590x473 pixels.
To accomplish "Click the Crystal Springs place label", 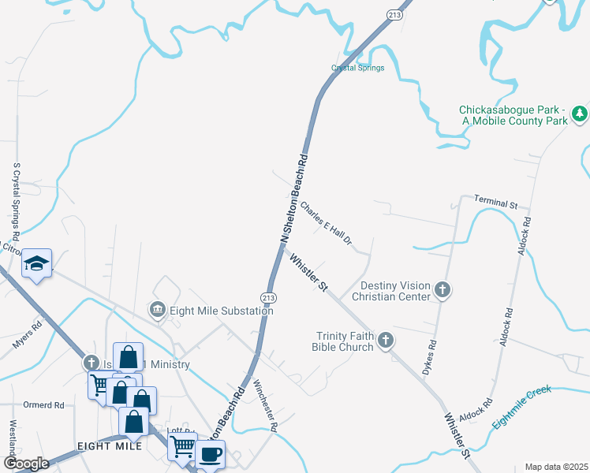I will click(357, 68).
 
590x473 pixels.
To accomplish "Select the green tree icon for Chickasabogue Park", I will click(580, 114).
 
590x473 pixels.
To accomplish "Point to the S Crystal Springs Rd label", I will click(16, 203).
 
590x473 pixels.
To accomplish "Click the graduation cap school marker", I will click(36, 263).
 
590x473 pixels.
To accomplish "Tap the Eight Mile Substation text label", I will click(220, 311).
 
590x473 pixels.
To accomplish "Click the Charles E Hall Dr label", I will click(325, 224).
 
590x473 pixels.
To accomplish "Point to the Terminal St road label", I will click(495, 203).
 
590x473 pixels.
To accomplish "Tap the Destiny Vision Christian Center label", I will click(396, 291).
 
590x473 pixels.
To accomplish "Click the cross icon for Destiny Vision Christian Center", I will click(442, 290).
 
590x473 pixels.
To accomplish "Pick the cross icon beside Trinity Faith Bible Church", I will click(385, 341).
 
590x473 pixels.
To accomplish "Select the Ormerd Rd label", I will click(43, 405).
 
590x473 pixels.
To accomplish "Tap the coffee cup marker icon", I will click(211, 454).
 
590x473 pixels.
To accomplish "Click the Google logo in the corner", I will click(27, 464).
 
